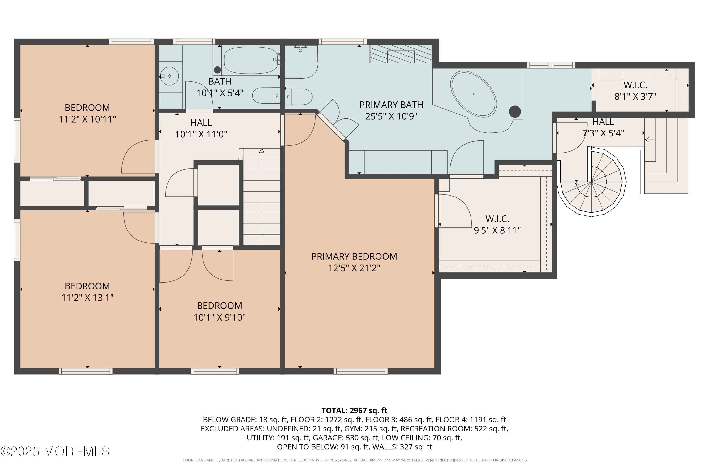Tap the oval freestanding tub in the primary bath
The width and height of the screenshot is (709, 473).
[x=474, y=94]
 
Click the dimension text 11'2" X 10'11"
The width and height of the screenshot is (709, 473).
[x=87, y=119]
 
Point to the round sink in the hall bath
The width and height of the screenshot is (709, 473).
[x=169, y=76]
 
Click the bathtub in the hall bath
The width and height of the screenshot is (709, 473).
[x=251, y=60]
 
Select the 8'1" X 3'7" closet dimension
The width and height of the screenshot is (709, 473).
[x=636, y=96]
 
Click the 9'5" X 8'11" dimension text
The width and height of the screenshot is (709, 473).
[x=497, y=230]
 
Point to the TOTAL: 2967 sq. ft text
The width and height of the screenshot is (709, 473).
[x=354, y=411]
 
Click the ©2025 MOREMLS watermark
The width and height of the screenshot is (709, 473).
[x=55, y=451]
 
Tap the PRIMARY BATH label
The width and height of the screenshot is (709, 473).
[x=391, y=105]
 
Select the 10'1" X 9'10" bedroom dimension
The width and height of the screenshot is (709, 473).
[x=220, y=317]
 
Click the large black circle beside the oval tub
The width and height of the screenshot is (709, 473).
[x=515, y=112]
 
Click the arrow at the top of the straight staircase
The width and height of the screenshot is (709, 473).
[x=262, y=150]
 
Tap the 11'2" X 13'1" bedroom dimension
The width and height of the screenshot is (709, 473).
[x=87, y=298]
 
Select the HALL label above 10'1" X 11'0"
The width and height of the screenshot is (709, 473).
[x=201, y=123]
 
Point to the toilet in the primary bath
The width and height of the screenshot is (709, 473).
[x=298, y=97]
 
